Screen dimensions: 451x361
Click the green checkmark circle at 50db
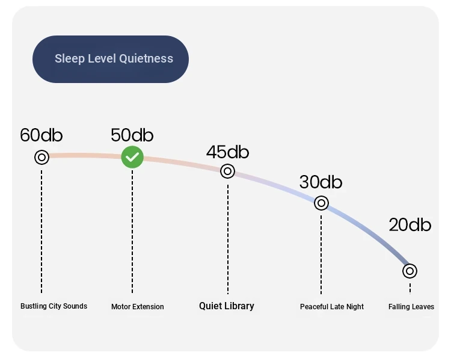[132, 157]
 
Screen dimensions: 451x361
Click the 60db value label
[41, 135]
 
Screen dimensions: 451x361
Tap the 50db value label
[132, 135]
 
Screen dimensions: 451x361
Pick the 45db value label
[227, 152]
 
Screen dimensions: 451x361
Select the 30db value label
[321, 182]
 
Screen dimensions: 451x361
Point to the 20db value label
[410, 224]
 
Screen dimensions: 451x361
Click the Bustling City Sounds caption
[54, 306]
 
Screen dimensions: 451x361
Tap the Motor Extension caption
[138, 307]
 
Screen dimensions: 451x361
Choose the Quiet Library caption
[227, 306]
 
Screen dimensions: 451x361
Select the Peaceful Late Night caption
[332, 307]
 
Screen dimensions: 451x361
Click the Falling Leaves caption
[411, 307]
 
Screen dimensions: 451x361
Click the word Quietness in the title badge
[146, 58]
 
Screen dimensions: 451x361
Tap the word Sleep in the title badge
[70, 59]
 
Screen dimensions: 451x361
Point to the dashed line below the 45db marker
[228, 239]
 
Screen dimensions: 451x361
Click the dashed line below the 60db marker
[41, 232]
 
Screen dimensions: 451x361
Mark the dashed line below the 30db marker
[321, 255]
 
